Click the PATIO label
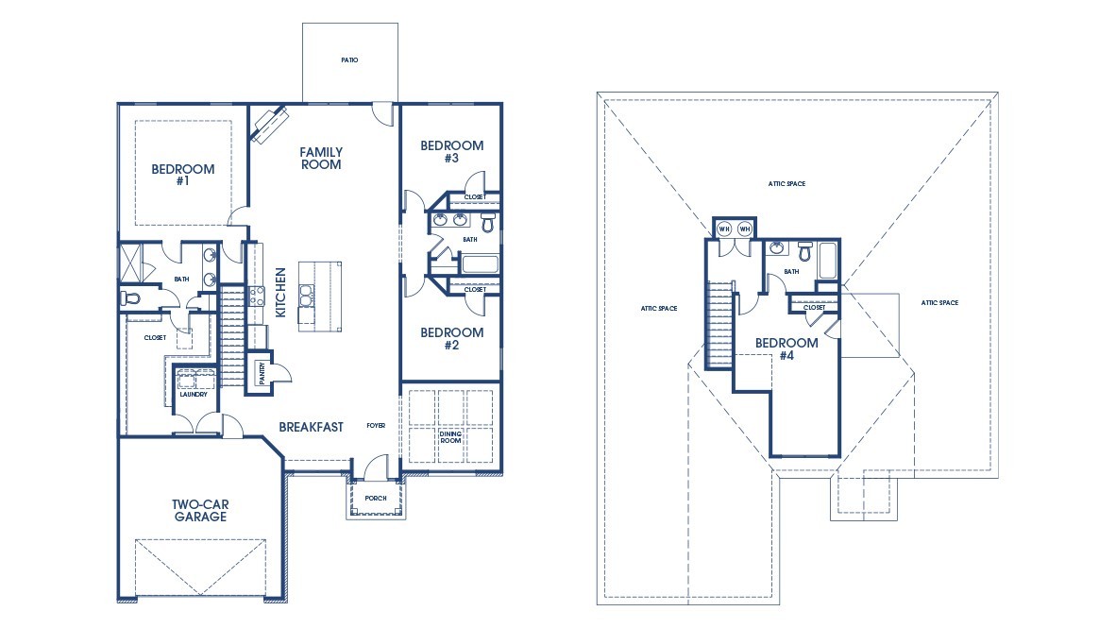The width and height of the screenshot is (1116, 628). (349, 59)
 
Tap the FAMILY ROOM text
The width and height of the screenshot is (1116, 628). (321, 158)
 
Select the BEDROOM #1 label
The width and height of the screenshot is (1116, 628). (183, 175)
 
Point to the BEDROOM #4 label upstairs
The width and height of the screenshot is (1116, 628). (786, 348)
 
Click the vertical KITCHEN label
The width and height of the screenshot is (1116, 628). (280, 292)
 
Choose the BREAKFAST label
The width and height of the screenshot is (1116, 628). (311, 427)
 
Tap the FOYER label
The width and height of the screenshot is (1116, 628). (376, 426)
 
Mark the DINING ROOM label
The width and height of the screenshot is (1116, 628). (451, 438)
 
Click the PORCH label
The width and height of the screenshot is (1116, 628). (376, 499)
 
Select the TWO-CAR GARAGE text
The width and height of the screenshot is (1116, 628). (199, 510)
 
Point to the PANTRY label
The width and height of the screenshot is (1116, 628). (261, 373)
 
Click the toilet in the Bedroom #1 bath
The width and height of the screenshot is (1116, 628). (130, 297)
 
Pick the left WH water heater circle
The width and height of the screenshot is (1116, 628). (724, 229)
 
